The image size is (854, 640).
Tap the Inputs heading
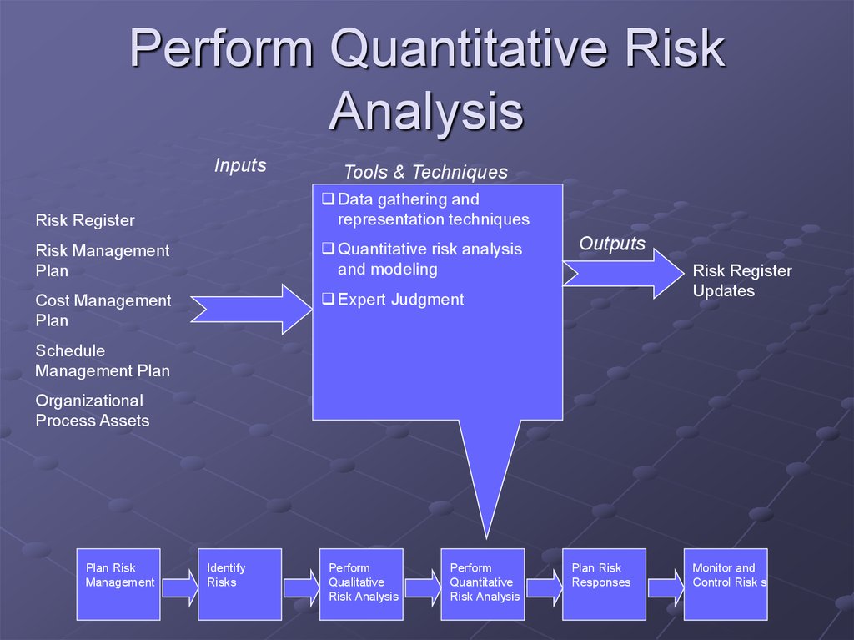pyautogui.click(x=240, y=165)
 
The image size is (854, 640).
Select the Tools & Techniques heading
pyautogui.click(x=425, y=172)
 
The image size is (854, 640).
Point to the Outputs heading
pyautogui.click(x=612, y=244)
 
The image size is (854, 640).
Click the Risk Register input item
pyautogui.click(x=84, y=220)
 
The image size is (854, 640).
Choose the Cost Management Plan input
pyautogui.click(x=103, y=310)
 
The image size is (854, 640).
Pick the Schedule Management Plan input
pyautogui.click(x=102, y=360)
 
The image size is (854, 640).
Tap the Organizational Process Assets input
pyautogui.click(x=92, y=411)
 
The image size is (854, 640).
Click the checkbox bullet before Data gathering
pyautogui.click(x=328, y=199)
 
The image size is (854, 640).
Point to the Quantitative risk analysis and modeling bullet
pyautogui.click(x=429, y=259)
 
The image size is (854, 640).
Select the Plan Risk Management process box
pyautogui.click(x=118, y=584)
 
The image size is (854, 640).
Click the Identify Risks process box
pyautogui.click(x=239, y=584)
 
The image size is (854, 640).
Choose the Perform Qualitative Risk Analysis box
pyautogui.click(x=361, y=584)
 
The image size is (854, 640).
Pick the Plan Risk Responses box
pyautogui.click(x=604, y=584)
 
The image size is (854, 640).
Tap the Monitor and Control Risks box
pyautogui.click(x=725, y=584)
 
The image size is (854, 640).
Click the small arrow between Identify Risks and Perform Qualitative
pyautogui.click(x=301, y=588)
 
